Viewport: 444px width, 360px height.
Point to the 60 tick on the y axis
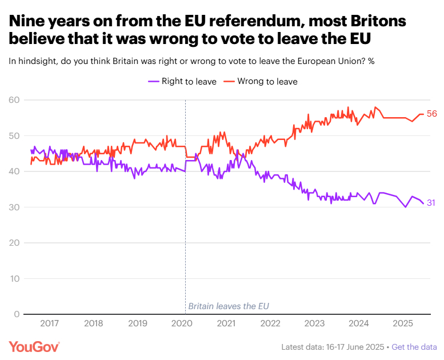[14, 101]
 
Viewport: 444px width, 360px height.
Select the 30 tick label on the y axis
[14, 207]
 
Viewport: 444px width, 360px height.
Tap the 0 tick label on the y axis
[17, 314]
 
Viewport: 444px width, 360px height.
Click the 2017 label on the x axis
[50, 323]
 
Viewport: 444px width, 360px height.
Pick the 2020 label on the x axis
[181, 323]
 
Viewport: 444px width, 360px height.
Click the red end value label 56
[432, 114]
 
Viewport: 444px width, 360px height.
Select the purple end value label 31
[432, 203]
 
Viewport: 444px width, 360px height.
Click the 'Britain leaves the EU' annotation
[229, 306]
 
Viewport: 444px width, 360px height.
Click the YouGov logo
[34, 346]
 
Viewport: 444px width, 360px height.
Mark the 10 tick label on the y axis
[14, 279]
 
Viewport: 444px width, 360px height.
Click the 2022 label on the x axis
[270, 323]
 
